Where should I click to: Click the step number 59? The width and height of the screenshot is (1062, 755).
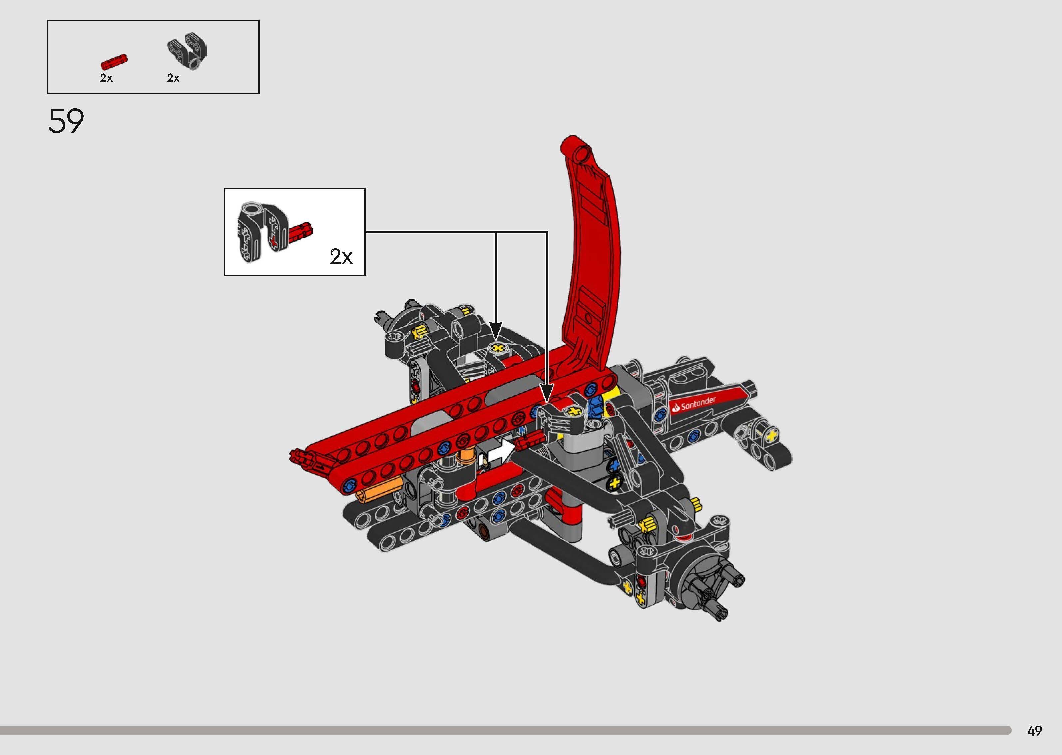[66, 121]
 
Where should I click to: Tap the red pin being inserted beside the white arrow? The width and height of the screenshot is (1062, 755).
[528, 440]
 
